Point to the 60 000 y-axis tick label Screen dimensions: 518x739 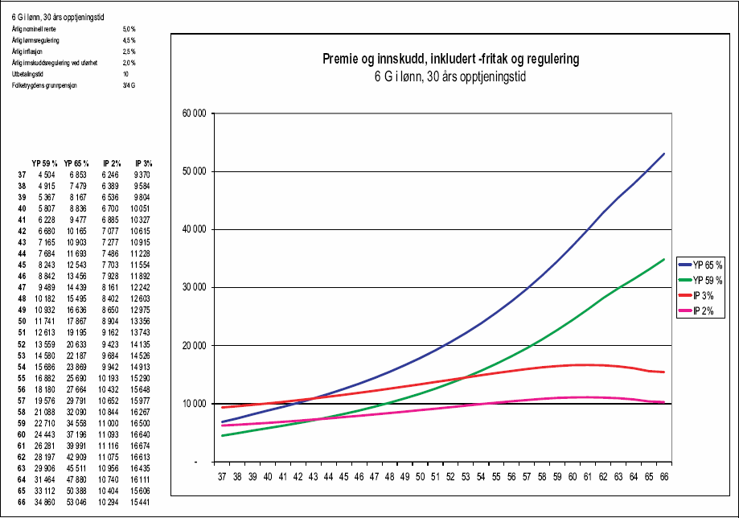(195, 113)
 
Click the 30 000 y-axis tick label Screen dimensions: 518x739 (195, 288)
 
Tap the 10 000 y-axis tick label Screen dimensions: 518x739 (195, 404)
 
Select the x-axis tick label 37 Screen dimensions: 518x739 (222, 476)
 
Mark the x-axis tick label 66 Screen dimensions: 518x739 (664, 476)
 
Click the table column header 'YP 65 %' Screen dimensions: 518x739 (76, 164)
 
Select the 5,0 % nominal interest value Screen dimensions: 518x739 (129, 28)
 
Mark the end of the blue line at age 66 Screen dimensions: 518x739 (664, 154)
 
